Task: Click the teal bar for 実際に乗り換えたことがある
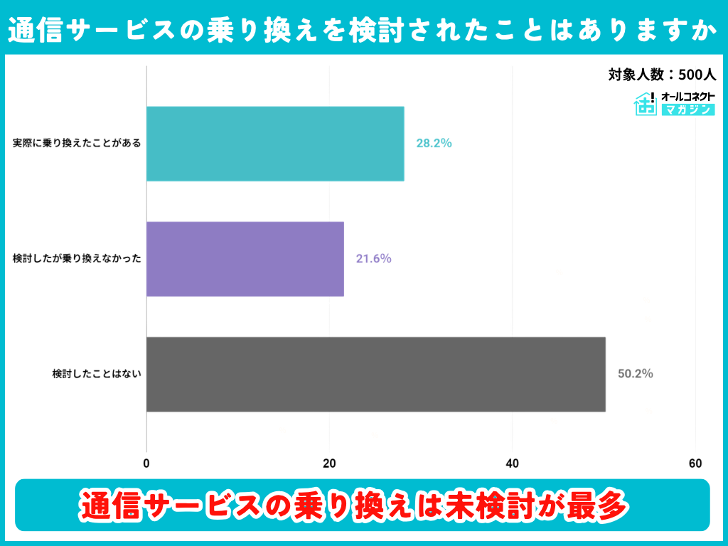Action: coord(275,144)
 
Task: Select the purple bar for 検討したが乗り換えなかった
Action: coord(245,259)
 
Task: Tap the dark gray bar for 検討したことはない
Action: coord(375,374)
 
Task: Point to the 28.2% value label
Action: coord(434,143)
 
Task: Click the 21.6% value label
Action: coord(373,259)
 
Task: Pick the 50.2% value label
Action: coord(635,374)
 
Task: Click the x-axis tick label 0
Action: coord(146,464)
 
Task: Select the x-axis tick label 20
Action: coord(329,464)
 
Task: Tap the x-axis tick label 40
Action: coord(513,464)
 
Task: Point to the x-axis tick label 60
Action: coord(695,464)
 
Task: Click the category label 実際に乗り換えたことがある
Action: coord(77,144)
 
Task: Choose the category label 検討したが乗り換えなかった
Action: coord(77,259)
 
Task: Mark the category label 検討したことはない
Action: coord(97,374)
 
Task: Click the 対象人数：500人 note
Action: coord(662,74)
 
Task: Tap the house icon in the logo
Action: coord(645,104)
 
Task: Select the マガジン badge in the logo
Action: coord(687,109)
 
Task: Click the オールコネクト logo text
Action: coord(687,96)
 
